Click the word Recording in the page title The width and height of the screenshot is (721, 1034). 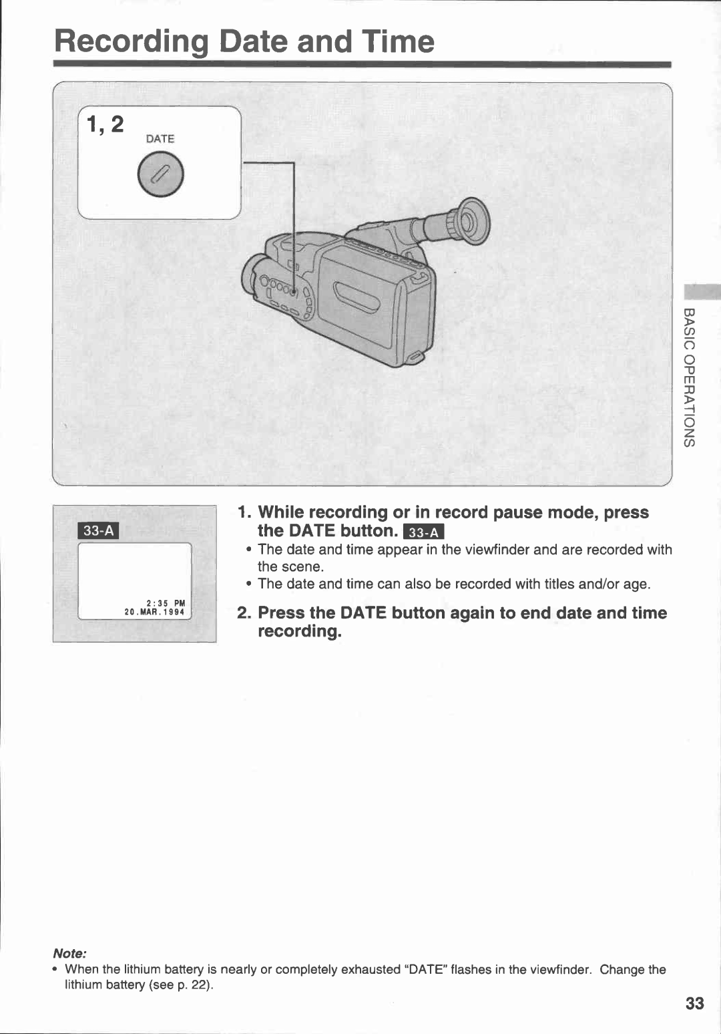pos(132,41)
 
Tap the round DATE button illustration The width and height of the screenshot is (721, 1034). pos(160,174)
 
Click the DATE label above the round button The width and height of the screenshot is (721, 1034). pos(160,139)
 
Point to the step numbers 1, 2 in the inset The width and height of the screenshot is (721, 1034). pos(105,124)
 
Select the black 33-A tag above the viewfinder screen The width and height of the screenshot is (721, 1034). pos(99,530)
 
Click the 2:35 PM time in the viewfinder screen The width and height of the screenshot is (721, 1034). pos(166,602)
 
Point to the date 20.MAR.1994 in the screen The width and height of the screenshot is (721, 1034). pos(154,612)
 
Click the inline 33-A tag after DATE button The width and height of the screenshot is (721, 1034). pos(424,532)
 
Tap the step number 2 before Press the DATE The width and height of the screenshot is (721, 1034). pos(244,613)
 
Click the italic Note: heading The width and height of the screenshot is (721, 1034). pos(69,953)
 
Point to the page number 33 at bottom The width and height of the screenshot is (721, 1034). pos(694,1003)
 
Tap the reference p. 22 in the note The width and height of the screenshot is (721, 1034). pos(194,985)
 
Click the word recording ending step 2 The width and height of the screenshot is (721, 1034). pos(298,631)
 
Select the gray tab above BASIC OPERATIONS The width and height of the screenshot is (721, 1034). pos(702,292)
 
